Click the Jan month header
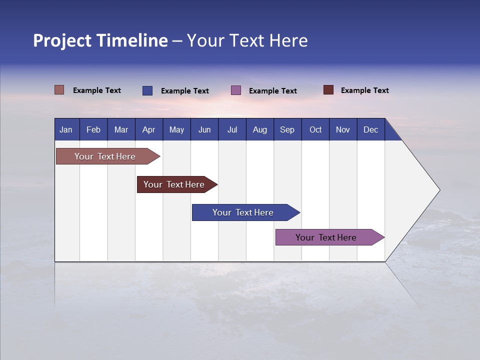pos(66,129)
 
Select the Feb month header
pos(93,129)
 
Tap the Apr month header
pos(148,129)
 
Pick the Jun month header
pos(204,129)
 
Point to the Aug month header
pos(259,129)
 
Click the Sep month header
pos(287,129)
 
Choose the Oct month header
pos(315,129)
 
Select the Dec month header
pos(370,129)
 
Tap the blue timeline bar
pos(243,212)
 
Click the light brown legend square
pos(59,90)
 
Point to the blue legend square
pos(147,90)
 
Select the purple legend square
pos(236,90)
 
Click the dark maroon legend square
pos(328,90)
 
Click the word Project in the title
pos(62,40)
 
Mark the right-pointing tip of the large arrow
pos(438,190)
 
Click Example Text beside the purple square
pos(272,91)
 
